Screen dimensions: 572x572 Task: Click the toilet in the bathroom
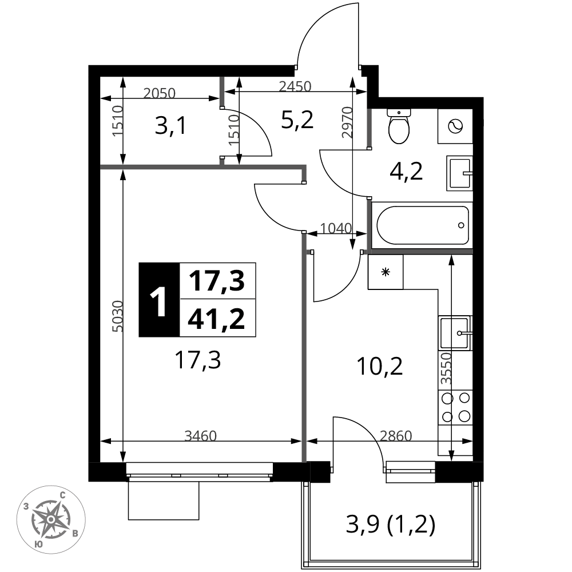click(399, 126)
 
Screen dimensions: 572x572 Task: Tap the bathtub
click(423, 225)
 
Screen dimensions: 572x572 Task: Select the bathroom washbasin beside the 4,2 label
click(460, 173)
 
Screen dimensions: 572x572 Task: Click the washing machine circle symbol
click(455, 126)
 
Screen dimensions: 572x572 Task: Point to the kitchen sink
click(455, 333)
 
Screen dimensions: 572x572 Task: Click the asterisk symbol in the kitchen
click(386, 272)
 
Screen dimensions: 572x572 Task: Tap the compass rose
click(51, 519)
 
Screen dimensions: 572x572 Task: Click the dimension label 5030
click(118, 316)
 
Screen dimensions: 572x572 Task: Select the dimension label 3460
click(201, 435)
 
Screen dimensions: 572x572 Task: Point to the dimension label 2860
click(396, 435)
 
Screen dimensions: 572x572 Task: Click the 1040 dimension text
click(336, 228)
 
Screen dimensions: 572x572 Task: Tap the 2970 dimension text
click(347, 122)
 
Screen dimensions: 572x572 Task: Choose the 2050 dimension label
click(160, 93)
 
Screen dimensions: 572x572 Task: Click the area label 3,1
click(170, 127)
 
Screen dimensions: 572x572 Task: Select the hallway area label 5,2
click(297, 120)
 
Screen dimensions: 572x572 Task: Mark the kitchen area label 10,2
click(380, 366)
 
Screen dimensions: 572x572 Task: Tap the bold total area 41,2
click(216, 318)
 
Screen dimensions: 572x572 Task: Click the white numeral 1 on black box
click(159, 300)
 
